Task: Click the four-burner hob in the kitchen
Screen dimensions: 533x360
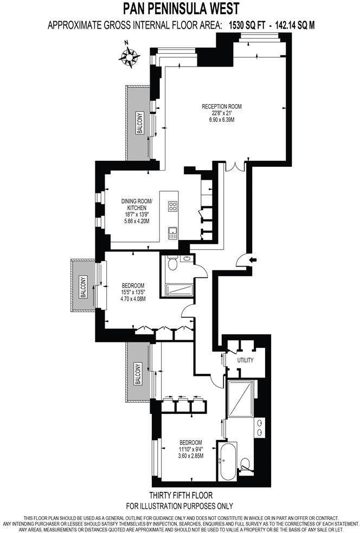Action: (173, 206)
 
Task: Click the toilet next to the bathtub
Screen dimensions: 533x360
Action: (246, 464)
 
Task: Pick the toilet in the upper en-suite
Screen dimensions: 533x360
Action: (172, 264)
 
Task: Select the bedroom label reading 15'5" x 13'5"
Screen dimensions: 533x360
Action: (133, 292)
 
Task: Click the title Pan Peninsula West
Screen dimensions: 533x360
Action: (181, 9)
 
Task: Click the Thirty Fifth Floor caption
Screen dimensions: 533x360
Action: (181, 495)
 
